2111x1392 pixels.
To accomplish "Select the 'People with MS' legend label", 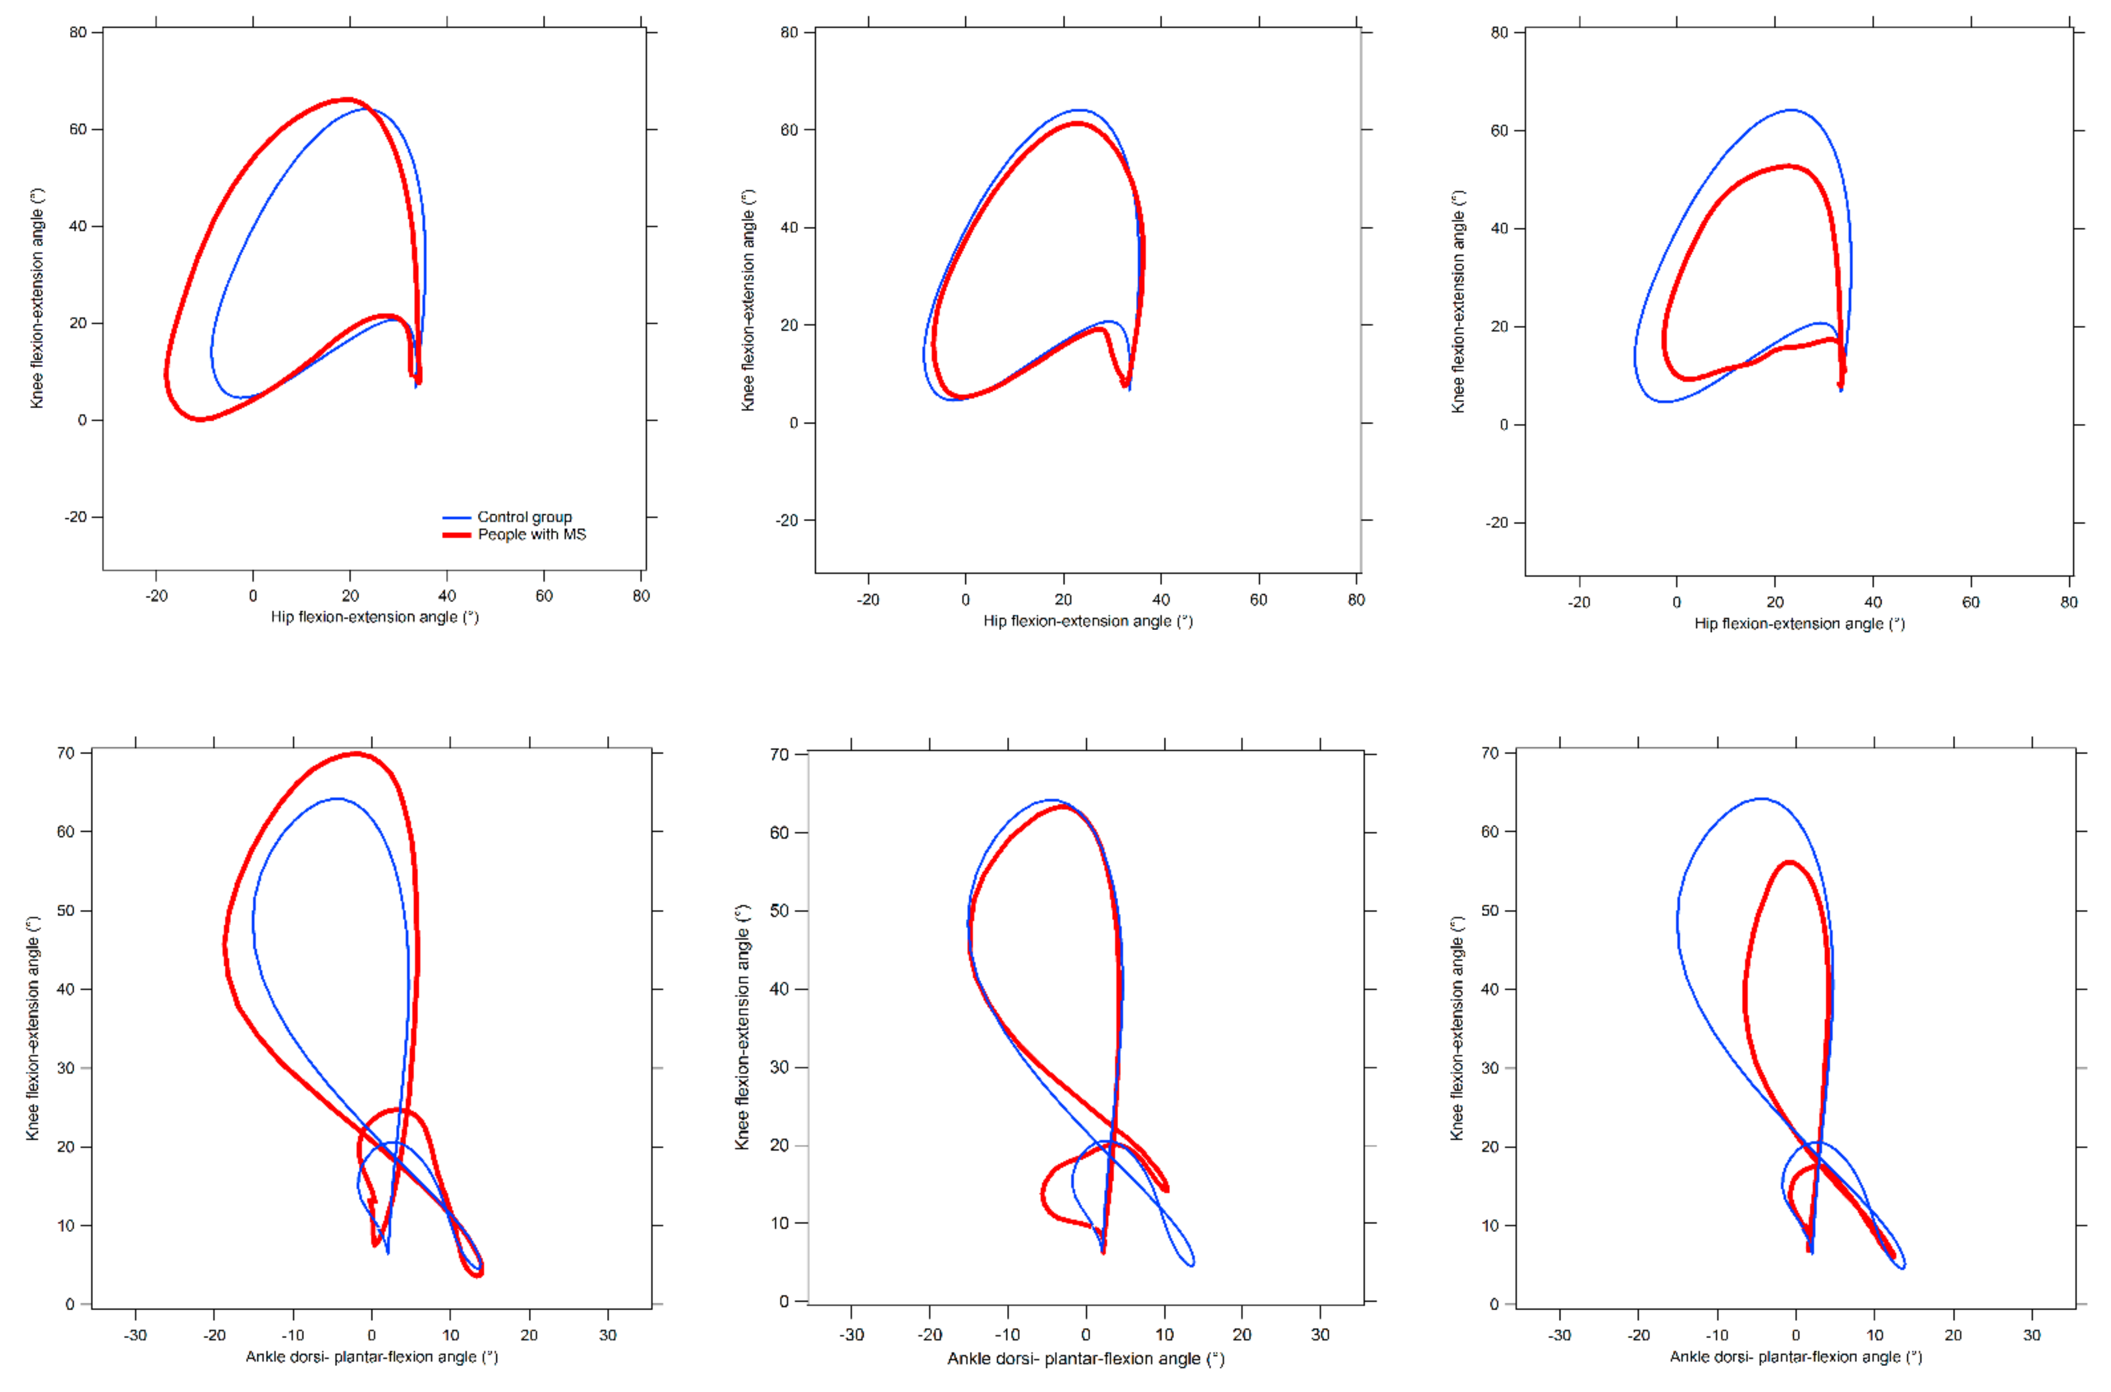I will click(532, 534).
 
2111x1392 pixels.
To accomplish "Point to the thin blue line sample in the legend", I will click(456, 517).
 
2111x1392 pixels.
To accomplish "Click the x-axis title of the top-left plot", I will click(375, 617).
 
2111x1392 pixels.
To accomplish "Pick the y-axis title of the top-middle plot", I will click(749, 300).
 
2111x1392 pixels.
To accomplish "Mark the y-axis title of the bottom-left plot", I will click(33, 1028).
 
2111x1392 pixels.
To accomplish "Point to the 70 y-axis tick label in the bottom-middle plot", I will click(778, 755).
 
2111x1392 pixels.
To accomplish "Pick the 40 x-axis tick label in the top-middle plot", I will click(1160, 600).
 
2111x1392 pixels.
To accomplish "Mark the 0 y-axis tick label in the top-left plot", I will click(83, 420).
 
